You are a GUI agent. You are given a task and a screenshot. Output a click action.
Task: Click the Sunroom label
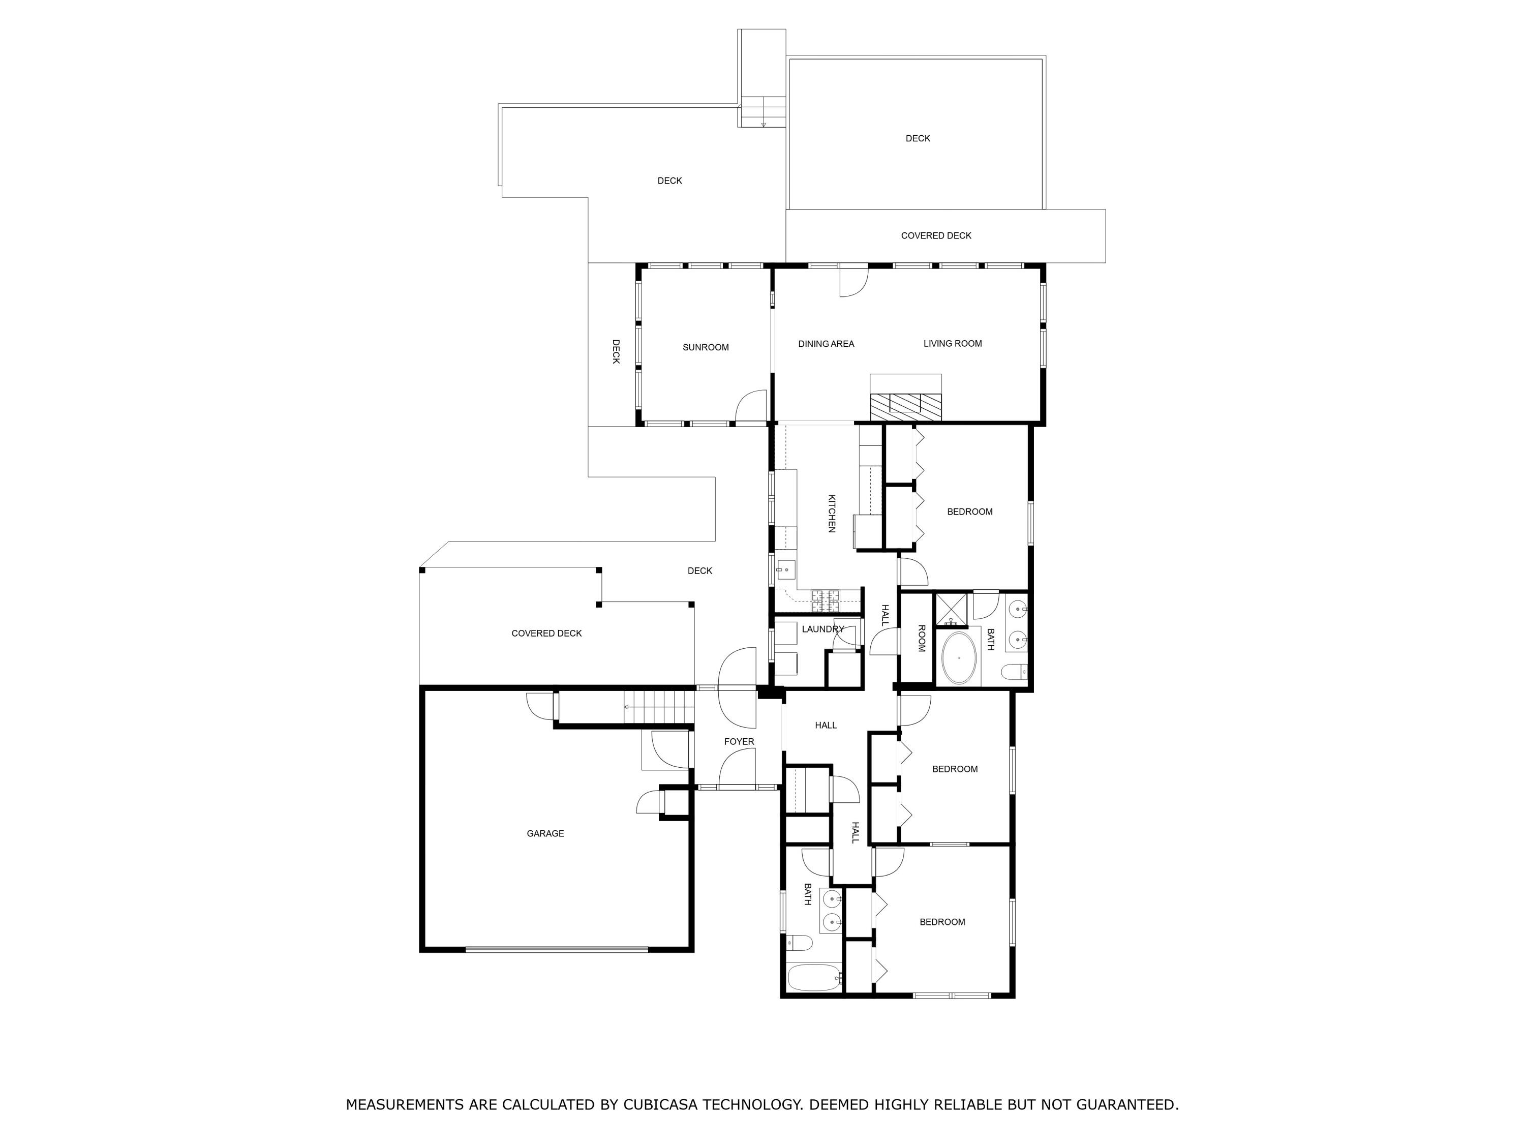click(x=705, y=348)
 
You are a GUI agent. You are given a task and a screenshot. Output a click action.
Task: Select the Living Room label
click(x=953, y=343)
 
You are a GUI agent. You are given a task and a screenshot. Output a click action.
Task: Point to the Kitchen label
click(x=832, y=513)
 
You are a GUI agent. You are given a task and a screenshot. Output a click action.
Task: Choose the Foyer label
click(x=739, y=742)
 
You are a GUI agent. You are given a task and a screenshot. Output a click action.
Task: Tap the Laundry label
click(x=822, y=629)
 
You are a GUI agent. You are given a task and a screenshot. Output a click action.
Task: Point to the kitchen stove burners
click(x=825, y=600)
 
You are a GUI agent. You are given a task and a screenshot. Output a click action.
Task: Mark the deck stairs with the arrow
click(x=763, y=112)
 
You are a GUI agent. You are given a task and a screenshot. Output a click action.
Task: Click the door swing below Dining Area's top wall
click(x=853, y=283)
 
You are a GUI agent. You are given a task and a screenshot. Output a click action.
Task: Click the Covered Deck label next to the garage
click(x=546, y=633)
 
